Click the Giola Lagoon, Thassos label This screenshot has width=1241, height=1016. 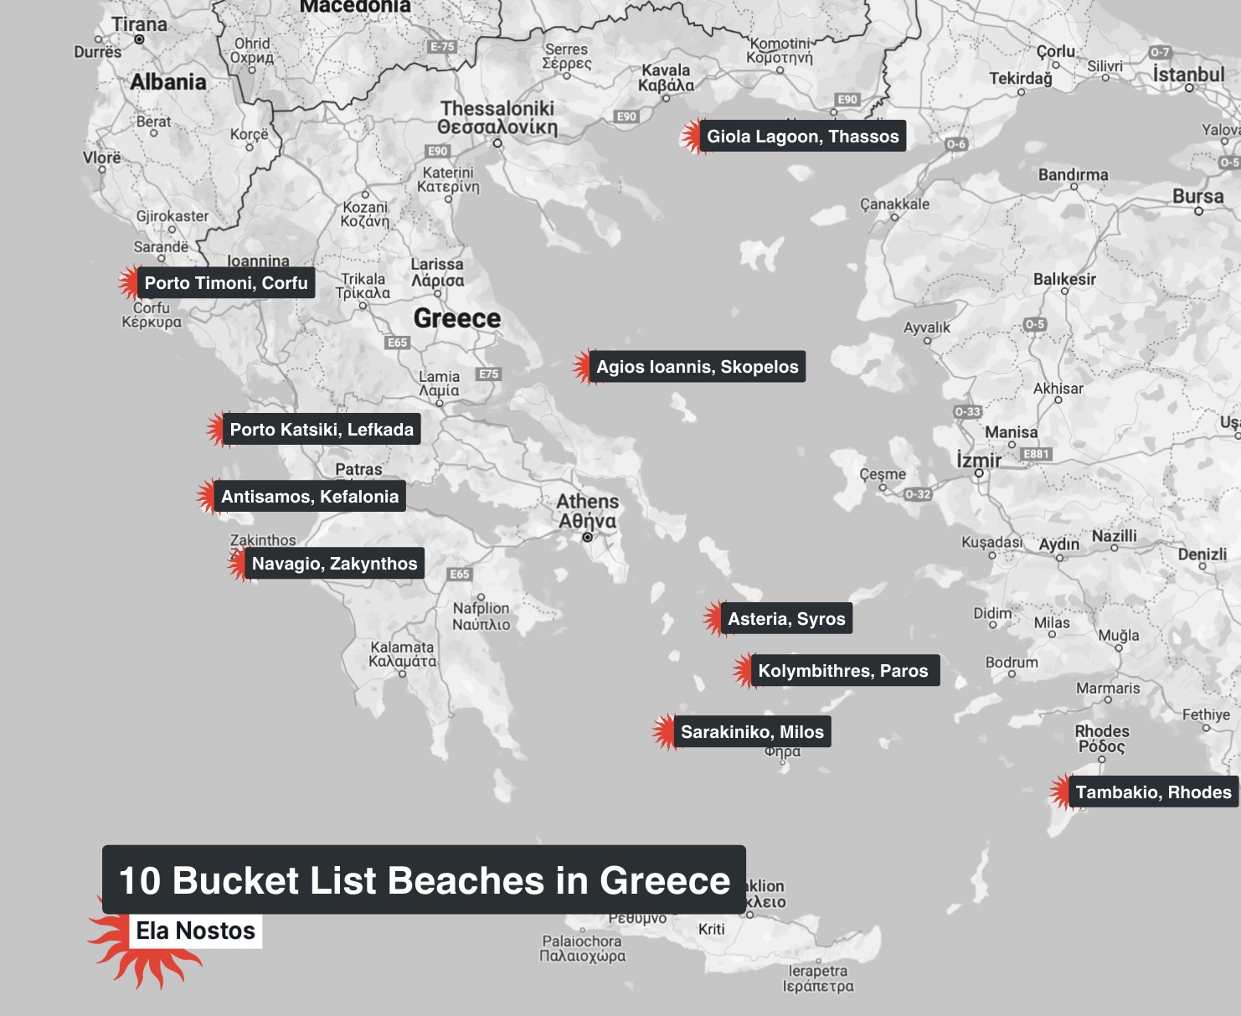[802, 137]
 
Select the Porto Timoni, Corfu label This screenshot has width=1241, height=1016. [226, 283]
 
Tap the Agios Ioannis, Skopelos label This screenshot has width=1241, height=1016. [697, 367]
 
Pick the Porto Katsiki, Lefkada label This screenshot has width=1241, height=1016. [322, 430]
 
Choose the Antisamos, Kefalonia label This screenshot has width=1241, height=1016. [310, 497]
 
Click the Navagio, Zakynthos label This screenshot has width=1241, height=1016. [334, 564]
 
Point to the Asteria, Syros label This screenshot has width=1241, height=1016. [786, 619]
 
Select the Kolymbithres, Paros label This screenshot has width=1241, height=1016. [842, 671]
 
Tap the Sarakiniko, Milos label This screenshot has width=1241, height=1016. [752, 732]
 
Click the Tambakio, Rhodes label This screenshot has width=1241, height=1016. [1153, 792]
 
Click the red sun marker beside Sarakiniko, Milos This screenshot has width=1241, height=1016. [664, 732]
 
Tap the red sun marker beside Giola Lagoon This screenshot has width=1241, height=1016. [691, 137]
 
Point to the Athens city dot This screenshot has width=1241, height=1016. [587, 537]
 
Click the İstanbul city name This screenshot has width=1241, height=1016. [1188, 75]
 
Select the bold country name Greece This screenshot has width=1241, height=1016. [457, 318]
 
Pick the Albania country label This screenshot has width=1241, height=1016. [168, 82]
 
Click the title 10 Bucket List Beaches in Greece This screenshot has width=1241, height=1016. [425, 880]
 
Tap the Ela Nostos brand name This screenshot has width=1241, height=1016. [195, 931]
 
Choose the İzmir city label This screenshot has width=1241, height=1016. [979, 460]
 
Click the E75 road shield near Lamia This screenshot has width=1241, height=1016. [489, 374]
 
